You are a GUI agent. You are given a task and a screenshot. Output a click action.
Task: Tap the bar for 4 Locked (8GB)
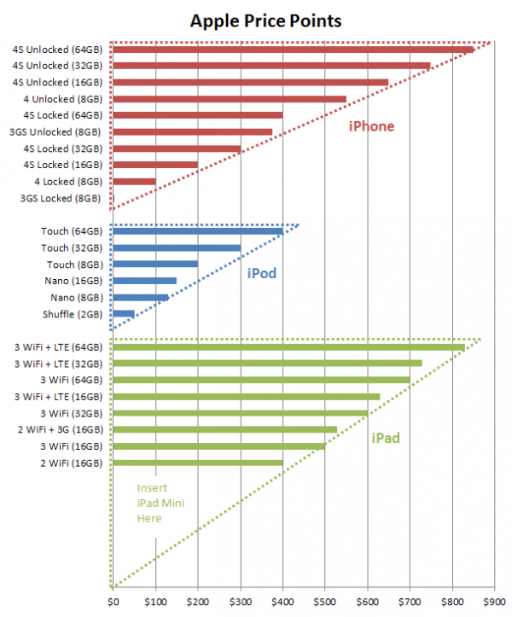point(134,181)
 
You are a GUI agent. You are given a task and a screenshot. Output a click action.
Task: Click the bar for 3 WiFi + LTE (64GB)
point(288,347)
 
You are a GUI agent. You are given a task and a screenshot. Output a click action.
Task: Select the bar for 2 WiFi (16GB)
point(197,463)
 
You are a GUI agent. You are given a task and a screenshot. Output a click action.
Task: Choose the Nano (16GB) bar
point(144,281)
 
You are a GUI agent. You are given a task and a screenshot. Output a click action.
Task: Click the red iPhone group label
point(371,126)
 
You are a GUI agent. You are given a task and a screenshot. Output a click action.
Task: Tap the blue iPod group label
point(261,275)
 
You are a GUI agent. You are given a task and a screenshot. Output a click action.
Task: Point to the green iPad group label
point(386,439)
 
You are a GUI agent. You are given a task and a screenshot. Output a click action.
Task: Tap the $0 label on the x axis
point(113,601)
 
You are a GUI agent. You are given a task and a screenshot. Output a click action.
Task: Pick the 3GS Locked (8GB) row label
point(61,198)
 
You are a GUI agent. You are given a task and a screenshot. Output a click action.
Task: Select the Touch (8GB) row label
point(72,265)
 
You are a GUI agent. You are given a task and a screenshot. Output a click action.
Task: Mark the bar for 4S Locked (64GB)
point(197,115)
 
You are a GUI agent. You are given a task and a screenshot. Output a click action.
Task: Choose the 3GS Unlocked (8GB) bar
point(192,132)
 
